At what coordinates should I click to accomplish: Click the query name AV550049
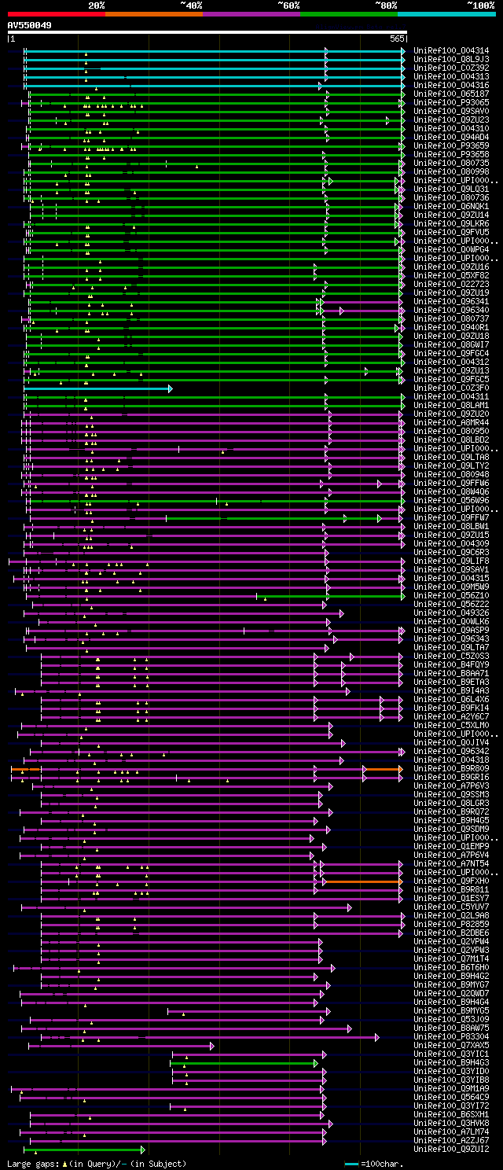pyautogui.click(x=30, y=25)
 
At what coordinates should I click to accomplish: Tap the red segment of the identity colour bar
pyautogui.click(x=56, y=13)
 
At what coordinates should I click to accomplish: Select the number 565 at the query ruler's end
pyautogui.click(x=396, y=39)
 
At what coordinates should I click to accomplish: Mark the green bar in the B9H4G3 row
pyautogui.click(x=244, y=1063)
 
